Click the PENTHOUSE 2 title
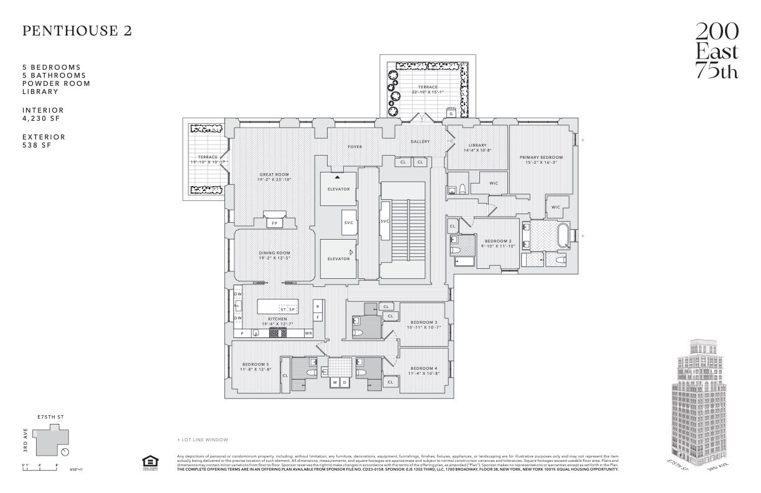pyautogui.click(x=77, y=31)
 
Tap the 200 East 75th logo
pyautogui.click(x=717, y=50)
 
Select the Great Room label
pyautogui.click(x=274, y=177)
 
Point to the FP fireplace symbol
pyautogui.click(x=274, y=223)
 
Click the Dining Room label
pyautogui.click(x=274, y=255)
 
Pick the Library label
pyautogui.click(x=477, y=148)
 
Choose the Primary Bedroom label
pyautogui.click(x=541, y=159)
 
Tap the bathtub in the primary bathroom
pyautogui.click(x=563, y=237)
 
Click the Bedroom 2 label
pyautogui.click(x=497, y=243)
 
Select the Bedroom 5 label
pyautogui.click(x=256, y=367)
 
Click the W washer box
pyautogui.click(x=334, y=382)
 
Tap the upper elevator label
pyautogui.click(x=338, y=189)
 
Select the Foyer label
pyautogui.click(x=354, y=147)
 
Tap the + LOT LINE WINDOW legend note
pyautogui.click(x=203, y=439)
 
